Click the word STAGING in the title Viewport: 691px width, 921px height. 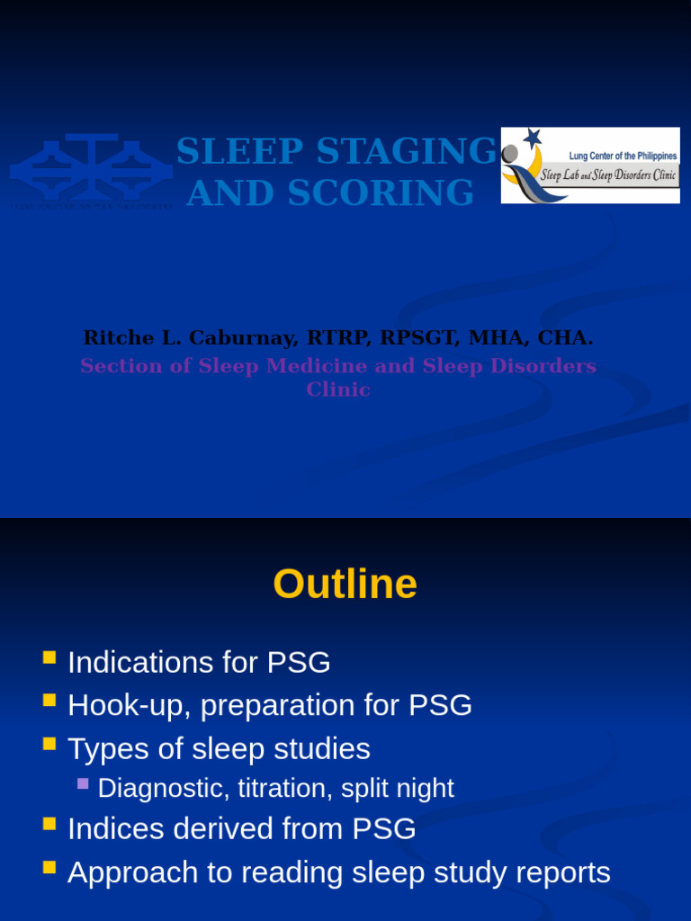click(407, 151)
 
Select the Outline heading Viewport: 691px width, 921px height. click(345, 585)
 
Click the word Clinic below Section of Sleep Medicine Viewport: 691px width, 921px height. click(338, 389)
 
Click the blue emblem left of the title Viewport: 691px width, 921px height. click(91, 169)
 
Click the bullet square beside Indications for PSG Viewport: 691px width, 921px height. click(49, 658)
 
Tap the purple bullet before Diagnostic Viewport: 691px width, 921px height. click(83, 784)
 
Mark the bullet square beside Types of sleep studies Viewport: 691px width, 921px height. click(49, 744)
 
